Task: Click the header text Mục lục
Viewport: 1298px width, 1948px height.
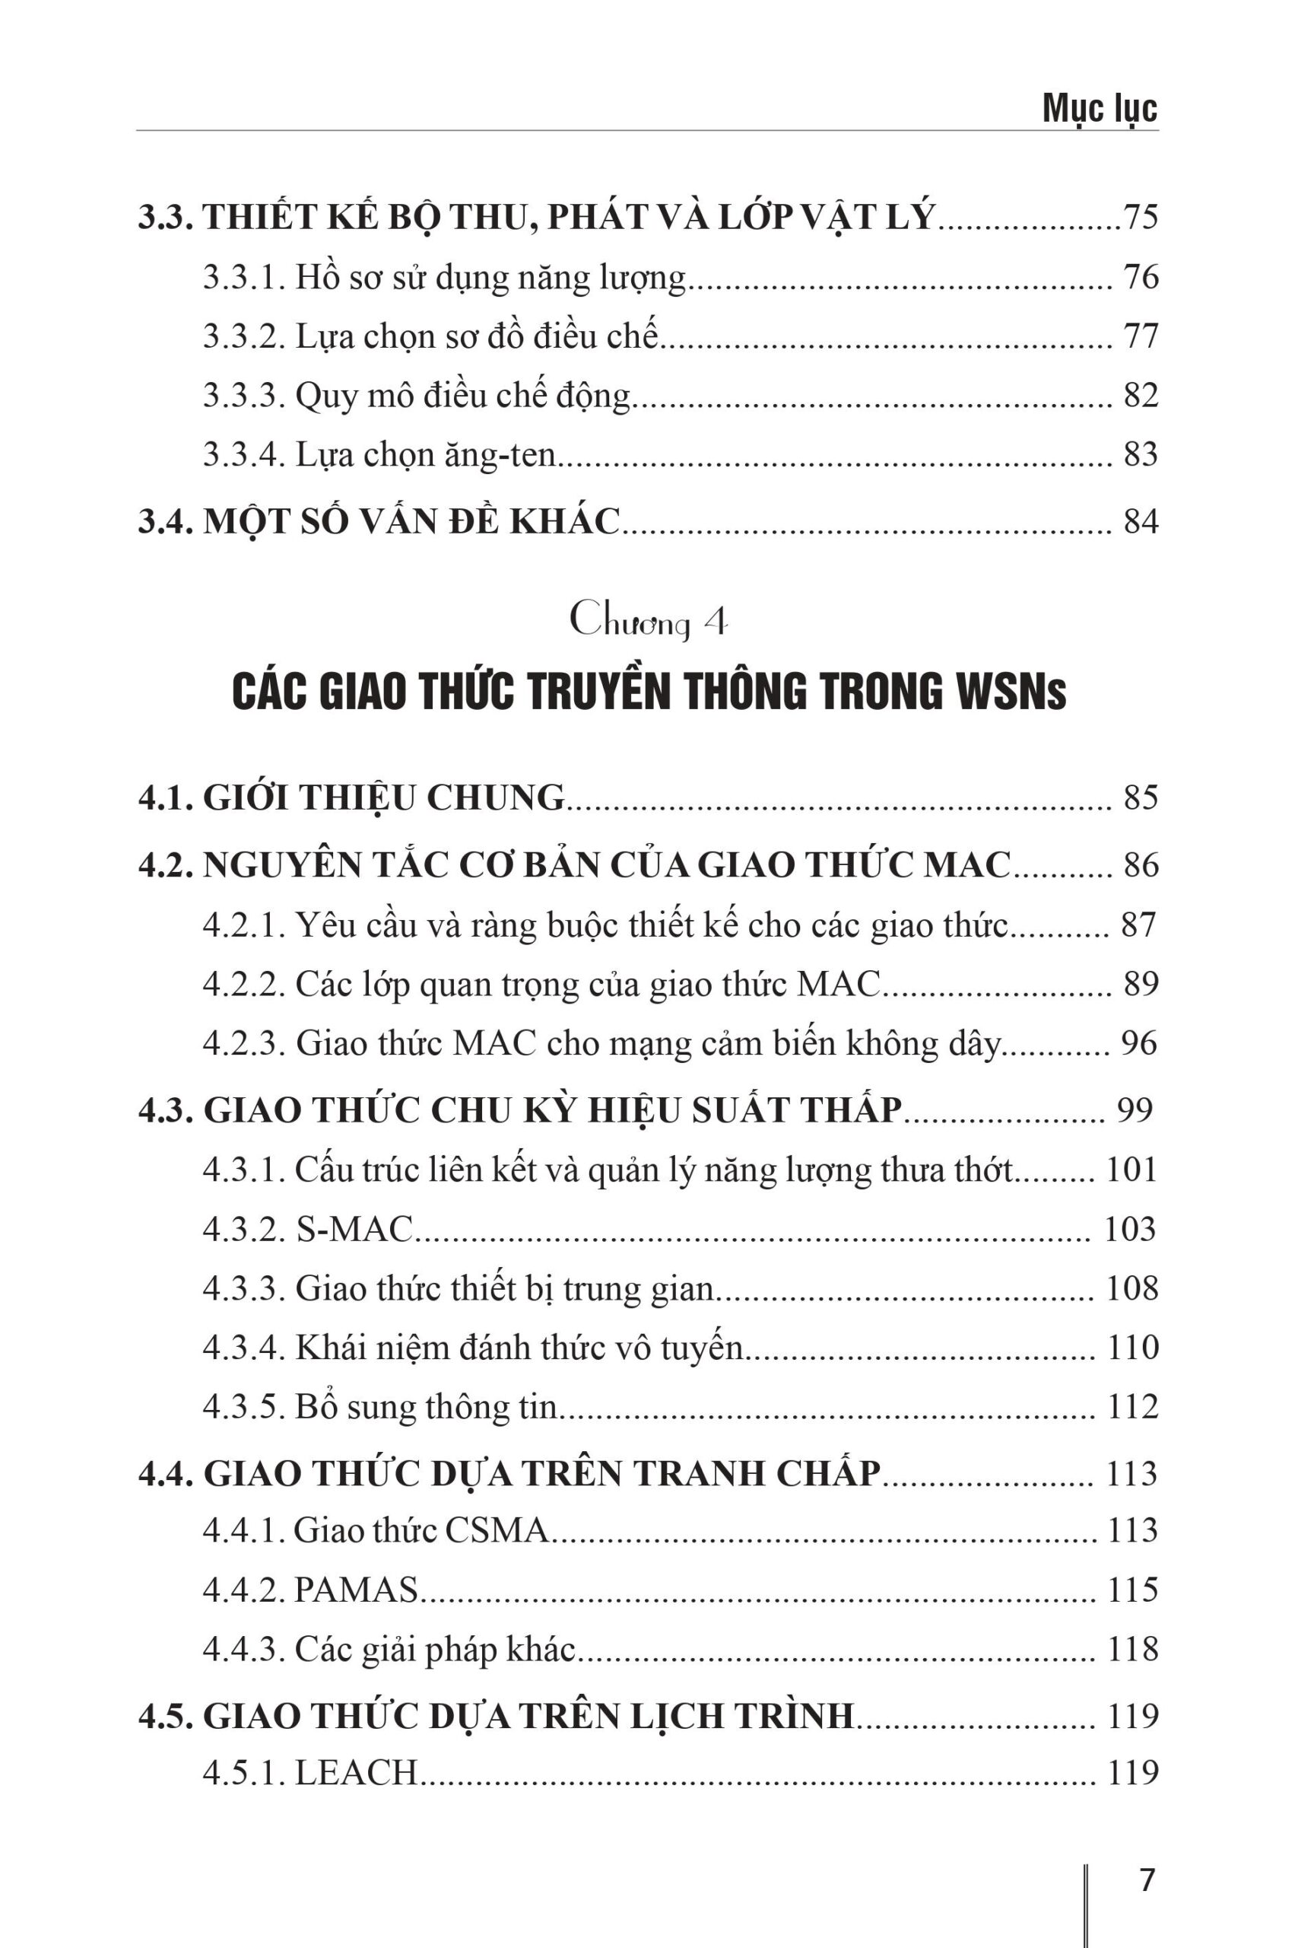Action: click(1099, 109)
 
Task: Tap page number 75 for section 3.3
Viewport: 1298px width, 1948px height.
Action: click(1140, 217)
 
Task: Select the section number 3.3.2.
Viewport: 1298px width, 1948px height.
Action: click(243, 336)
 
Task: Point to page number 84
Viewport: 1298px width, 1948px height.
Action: click(1140, 521)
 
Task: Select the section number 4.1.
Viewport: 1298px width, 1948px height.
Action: click(166, 797)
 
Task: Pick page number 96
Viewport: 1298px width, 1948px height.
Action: click(1139, 1042)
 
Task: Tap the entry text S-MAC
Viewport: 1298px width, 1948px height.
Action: click(354, 1229)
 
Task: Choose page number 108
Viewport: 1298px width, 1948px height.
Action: click(1131, 1289)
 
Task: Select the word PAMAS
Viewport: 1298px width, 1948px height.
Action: click(356, 1590)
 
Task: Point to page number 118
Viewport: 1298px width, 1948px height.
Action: click(1131, 1648)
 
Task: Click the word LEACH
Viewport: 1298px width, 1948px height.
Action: click(356, 1772)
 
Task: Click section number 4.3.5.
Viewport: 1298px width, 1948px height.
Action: click(243, 1407)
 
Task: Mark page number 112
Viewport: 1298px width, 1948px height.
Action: click(1131, 1407)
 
